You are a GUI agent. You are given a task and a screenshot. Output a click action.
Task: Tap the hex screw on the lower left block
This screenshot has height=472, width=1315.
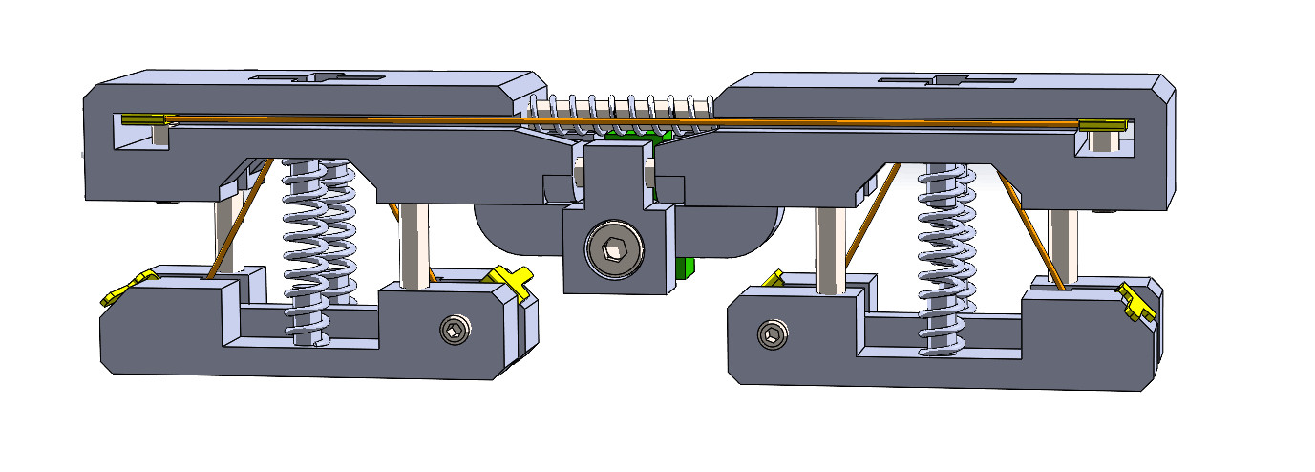[455, 331]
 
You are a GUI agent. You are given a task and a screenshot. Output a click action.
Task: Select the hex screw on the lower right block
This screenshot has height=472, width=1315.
[771, 334]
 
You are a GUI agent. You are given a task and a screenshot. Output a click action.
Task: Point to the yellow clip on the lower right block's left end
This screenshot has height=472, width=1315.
[772, 280]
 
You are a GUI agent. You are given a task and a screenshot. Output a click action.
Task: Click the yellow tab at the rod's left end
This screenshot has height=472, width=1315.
[141, 119]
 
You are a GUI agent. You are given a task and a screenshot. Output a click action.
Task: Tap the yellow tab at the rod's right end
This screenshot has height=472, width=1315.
[1103, 126]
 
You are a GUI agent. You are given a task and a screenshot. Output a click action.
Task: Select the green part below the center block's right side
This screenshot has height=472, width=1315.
[682, 267]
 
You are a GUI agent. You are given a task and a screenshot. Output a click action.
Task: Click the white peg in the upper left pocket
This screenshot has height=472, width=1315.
[160, 137]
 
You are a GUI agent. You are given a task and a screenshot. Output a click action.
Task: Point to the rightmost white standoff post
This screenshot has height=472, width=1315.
[1064, 245]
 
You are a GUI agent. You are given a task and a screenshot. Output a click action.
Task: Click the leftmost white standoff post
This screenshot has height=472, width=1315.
[229, 234]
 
